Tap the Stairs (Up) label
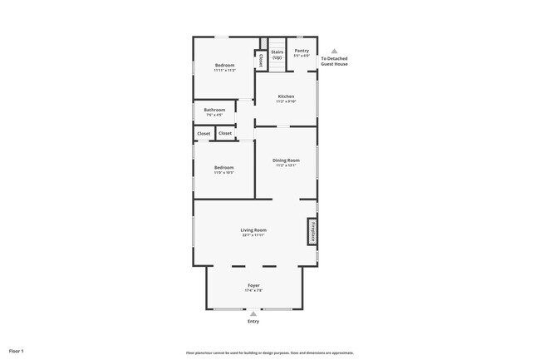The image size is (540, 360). point(277,54)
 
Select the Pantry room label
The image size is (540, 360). point(302,51)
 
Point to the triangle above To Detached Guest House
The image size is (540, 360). point(335,51)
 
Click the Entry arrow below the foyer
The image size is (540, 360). point(253,313)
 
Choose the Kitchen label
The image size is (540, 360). point(287,96)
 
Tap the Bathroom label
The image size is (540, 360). point(214,110)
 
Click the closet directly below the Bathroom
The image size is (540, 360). point(225,133)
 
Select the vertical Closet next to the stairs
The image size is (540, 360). point(261,60)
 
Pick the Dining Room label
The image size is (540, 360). point(287,160)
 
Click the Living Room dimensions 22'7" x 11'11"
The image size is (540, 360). point(254,235)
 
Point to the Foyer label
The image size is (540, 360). point(253,285)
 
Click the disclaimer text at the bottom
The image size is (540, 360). point(270,352)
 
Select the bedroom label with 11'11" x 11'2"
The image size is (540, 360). point(224,66)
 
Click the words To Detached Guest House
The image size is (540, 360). point(335,62)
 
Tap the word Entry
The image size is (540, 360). point(253,322)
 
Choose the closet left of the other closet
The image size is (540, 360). point(204,133)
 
